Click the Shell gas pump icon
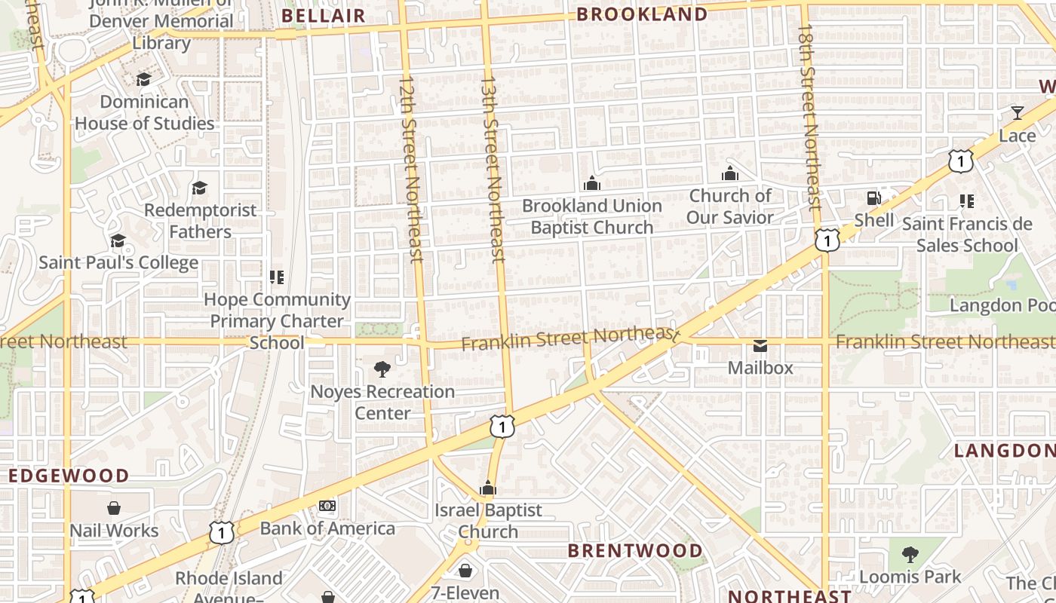click(873, 198)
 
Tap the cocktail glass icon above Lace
click(1017, 113)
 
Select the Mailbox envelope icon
click(760, 346)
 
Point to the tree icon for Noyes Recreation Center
click(382, 369)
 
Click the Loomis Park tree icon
click(910, 556)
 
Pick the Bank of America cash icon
click(327, 506)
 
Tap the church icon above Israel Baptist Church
click(488, 488)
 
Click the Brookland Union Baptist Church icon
click(592, 183)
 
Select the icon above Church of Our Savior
click(729, 174)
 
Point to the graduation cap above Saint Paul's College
click(118, 240)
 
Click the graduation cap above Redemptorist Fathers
click(199, 188)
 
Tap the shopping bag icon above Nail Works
click(114, 508)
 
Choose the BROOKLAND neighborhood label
click(642, 14)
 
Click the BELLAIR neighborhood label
click(323, 16)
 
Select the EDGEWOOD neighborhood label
click(69, 476)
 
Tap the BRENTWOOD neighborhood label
click(634, 550)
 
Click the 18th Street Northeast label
click(809, 117)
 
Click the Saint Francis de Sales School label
click(966, 234)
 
